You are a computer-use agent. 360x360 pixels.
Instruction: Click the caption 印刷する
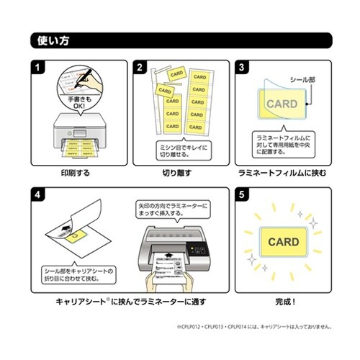click(x=75, y=174)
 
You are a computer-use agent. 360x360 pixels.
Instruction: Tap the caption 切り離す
click(x=179, y=174)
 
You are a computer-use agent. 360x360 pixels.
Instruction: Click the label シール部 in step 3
click(x=302, y=78)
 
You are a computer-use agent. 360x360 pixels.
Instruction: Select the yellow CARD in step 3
click(x=282, y=104)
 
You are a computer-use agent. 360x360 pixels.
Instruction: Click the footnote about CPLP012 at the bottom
click(x=256, y=328)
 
